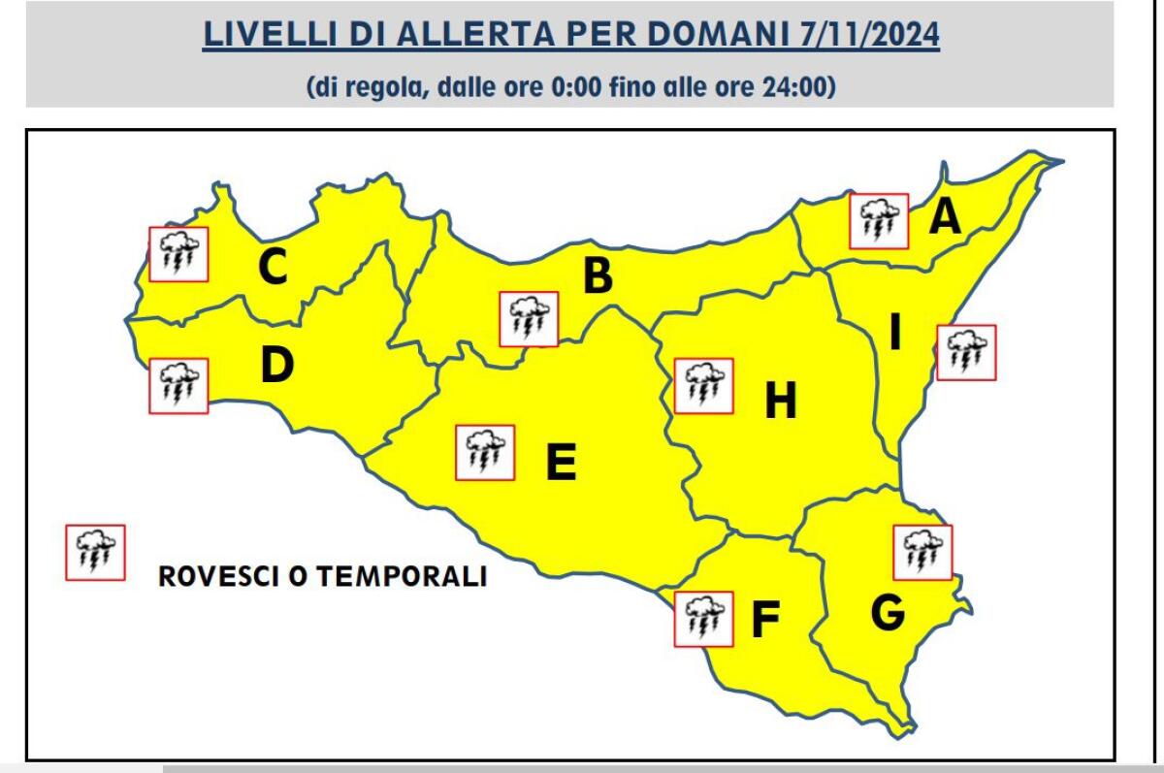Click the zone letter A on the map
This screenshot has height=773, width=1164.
point(945,217)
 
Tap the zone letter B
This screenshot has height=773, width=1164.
point(598,276)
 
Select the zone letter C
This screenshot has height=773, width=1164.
point(273,268)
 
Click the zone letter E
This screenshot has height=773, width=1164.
point(561,462)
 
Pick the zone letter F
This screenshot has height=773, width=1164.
point(765,622)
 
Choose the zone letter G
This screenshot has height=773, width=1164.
point(887,612)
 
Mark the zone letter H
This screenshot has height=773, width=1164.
point(780,401)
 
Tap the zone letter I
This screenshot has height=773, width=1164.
point(895,334)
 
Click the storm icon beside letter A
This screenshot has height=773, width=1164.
point(879,221)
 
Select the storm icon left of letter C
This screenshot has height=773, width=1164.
point(178,254)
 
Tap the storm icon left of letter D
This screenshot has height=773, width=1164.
point(178,385)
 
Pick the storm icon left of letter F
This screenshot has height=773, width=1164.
point(703,619)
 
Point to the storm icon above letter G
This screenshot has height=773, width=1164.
point(922,553)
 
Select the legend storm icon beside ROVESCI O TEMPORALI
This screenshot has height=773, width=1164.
point(95,553)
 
